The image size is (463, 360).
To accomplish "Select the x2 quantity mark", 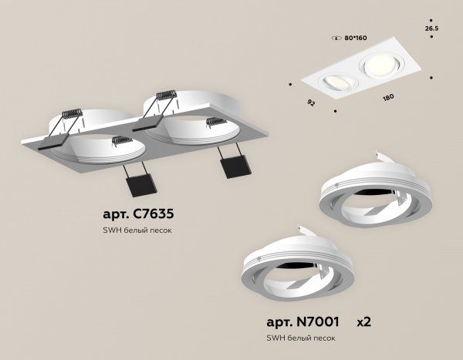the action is pyautogui.click(x=363, y=322).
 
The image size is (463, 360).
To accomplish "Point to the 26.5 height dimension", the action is pyautogui.click(x=431, y=29).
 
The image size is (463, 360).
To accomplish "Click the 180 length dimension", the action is pyautogui.click(x=388, y=97).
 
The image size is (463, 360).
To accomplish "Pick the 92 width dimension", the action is pyautogui.click(x=311, y=103).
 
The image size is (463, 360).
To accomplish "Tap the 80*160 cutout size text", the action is pyautogui.click(x=356, y=38).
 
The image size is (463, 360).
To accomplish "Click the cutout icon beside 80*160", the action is pyautogui.click(x=336, y=38).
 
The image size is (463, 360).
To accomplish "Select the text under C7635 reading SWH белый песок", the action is pyautogui.click(x=137, y=230).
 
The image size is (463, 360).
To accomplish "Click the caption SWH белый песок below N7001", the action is pyautogui.click(x=301, y=338).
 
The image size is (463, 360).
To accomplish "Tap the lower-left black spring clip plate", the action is pyautogui.click(x=141, y=185).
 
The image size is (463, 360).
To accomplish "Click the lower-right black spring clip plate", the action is pyautogui.click(x=235, y=167).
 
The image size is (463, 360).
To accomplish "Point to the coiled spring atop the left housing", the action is pyautogui.click(x=72, y=114).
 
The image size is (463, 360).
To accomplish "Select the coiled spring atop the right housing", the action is pyautogui.click(x=167, y=95).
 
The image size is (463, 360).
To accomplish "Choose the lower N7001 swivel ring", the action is pyautogui.click(x=297, y=267).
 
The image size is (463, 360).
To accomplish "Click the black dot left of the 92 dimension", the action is pyautogui.click(x=291, y=84).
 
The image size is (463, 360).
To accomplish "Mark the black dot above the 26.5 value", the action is pyautogui.click(x=431, y=20).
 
